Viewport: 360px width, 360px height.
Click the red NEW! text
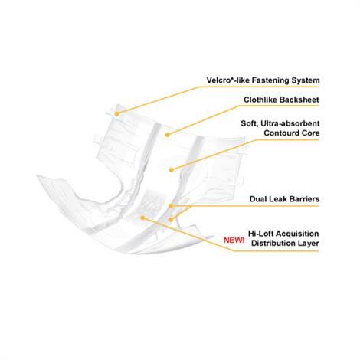pos(234,240)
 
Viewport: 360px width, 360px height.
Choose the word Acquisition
pos(297,234)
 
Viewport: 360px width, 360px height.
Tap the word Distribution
pos(274,243)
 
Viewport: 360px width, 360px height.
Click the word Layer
pos(309,244)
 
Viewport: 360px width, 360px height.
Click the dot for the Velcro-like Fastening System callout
pos(116,113)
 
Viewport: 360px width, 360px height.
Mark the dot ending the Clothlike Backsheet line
pos(167,135)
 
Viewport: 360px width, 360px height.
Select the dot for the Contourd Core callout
pos(172,169)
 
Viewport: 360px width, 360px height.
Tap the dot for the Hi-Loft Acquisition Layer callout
pos(142,218)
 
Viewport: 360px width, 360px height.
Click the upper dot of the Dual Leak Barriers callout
pos(170,206)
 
